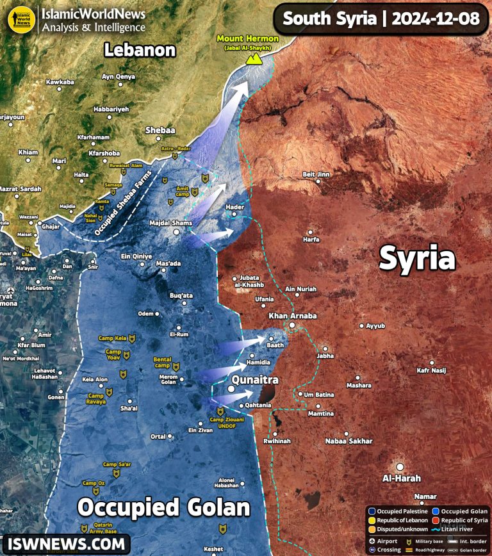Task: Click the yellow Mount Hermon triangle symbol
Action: (x=255, y=59)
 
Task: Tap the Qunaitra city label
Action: (x=255, y=380)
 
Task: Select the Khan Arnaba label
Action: (x=292, y=316)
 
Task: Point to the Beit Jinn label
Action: (x=316, y=174)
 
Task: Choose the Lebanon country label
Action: (x=140, y=50)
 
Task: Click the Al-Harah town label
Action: (x=402, y=478)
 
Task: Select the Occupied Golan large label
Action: (x=163, y=508)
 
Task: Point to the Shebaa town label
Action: (x=160, y=130)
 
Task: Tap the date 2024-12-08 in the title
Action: (x=435, y=18)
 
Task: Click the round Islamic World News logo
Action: (x=21, y=19)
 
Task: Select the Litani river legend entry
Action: (x=454, y=530)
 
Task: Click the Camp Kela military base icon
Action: (x=132, y=338)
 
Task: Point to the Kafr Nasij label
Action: (x=431, y=370)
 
